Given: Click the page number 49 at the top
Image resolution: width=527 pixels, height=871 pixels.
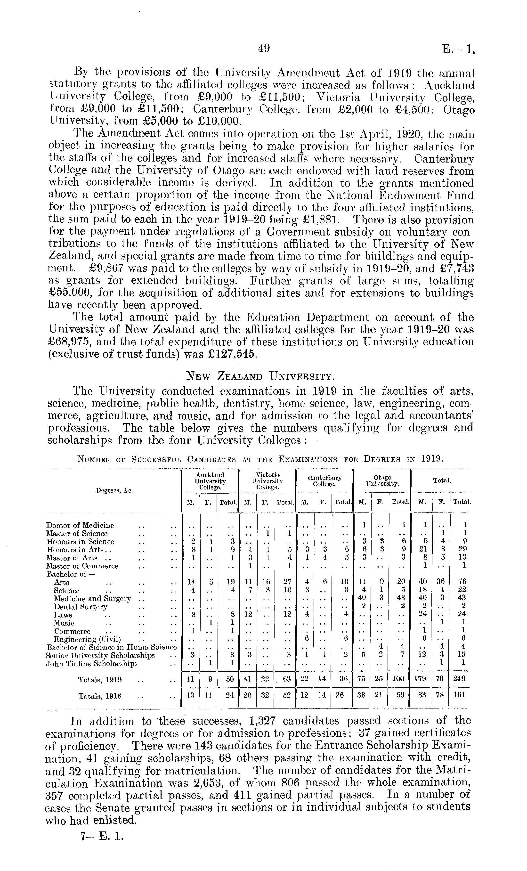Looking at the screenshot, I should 264,48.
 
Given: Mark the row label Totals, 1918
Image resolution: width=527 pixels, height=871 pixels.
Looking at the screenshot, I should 100,696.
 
